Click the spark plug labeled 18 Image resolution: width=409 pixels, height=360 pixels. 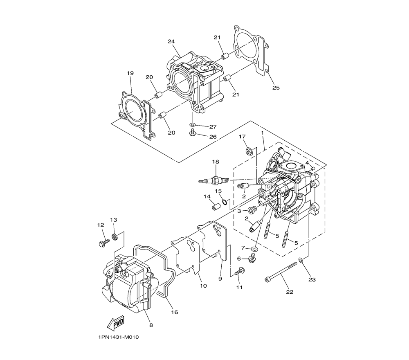pyautogui.click(x=214, y=180)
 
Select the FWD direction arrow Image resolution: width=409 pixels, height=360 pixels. pyautogui.click(x=115, y=323)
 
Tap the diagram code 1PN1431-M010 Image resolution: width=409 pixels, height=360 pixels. pyautogui.click(x=119, y=337)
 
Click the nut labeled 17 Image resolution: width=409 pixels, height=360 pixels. pyautogui.click(x=248, y=151)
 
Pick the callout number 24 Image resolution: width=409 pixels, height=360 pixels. pyautogui.click(x=171, y=41)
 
